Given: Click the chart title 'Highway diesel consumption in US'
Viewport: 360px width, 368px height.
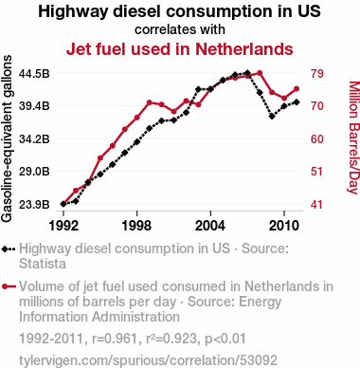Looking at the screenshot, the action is click(x=179, y=11).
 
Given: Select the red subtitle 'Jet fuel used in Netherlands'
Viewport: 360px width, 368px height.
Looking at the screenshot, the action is click(x=180, y=49).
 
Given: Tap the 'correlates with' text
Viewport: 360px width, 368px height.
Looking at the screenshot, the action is click(x=180, y=29).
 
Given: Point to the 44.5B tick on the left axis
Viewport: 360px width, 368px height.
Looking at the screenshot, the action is click(x=34, y=74).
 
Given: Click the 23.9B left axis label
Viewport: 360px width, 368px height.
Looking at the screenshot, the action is click(x=34, y=205).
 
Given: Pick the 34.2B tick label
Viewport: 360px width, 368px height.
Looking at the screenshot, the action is click(x=34, y=138).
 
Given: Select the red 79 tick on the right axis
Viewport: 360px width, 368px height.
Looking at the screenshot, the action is click(x=316, y=74).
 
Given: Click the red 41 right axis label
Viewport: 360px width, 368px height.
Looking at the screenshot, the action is click(x=316, y=205).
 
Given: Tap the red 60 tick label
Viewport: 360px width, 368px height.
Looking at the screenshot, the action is click(x=316, y=138).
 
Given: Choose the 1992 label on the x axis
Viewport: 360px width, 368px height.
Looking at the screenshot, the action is click(x=63, y=226).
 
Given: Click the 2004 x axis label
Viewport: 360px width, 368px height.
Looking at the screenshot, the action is click(x=210, y=226).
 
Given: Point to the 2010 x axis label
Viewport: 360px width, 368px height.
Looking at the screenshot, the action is click(x=284, y=226).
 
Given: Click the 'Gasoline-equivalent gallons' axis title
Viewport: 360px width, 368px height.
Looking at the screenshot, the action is click(x=7, y=138).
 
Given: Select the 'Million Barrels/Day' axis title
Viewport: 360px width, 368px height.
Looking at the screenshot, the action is click(x=354, y=138).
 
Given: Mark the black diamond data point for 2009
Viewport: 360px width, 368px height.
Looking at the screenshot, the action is click(x=272, y=117).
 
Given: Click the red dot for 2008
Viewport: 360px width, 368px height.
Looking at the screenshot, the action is click(x=260, y=73).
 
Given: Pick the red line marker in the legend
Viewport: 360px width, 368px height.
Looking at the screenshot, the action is click(x=9, y=286).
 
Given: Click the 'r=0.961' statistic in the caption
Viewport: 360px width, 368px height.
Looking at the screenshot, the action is click(x=115, y=339).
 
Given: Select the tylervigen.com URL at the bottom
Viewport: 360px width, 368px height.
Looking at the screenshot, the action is click(x=148, y=360).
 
